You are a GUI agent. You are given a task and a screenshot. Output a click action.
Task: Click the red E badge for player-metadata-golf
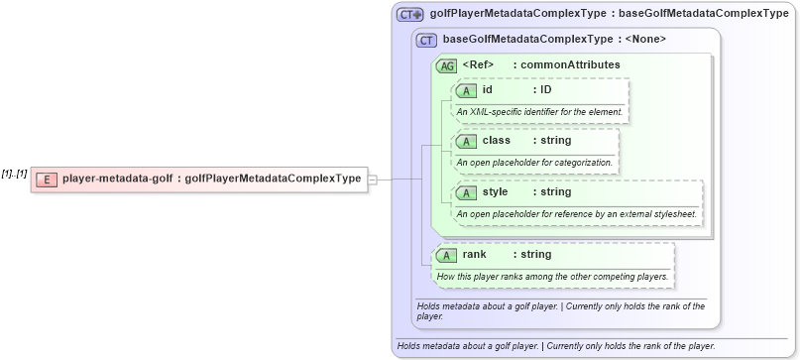47,180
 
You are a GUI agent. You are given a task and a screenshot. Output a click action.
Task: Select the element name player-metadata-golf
116,180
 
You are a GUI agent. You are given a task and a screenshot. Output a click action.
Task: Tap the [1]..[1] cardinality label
14,175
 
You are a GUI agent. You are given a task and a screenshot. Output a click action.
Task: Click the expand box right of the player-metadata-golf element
372,180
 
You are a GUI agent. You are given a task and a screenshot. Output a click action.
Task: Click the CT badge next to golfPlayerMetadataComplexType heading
409,15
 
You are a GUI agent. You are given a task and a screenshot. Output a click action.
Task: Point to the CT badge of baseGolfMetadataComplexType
427,41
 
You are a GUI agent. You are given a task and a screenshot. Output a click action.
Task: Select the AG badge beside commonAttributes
447,65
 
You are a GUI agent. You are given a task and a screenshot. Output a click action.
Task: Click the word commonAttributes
574,64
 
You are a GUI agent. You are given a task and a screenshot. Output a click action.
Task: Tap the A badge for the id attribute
466,90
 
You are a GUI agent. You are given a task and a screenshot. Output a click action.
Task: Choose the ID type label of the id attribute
545,90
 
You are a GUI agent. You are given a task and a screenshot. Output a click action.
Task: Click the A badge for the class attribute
466,141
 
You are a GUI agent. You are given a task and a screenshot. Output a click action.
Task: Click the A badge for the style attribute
466,191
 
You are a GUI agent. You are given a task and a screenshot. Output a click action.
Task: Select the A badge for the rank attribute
447,255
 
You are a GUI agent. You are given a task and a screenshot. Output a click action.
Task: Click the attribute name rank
476,255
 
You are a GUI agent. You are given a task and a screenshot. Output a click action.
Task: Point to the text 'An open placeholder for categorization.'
534,162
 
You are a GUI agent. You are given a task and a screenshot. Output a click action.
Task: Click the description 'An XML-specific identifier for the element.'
539,111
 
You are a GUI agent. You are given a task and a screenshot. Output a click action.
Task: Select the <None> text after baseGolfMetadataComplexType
645,40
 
